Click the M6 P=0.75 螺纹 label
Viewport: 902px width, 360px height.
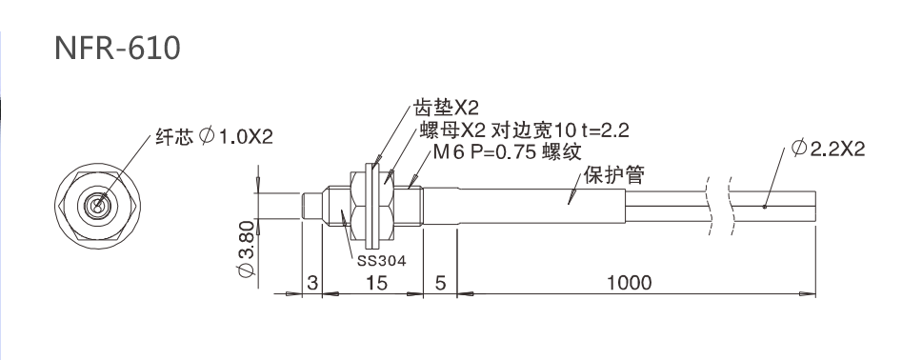click(507, 151)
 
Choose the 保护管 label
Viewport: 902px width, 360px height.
click(613, 175)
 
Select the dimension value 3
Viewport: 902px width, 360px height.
click(312, 282)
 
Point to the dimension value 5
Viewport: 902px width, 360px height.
click(440, 282)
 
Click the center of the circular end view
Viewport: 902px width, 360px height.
click(97, 206)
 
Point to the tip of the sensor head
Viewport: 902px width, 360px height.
click(305, 206)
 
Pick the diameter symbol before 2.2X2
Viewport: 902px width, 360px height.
click(798, 149)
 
